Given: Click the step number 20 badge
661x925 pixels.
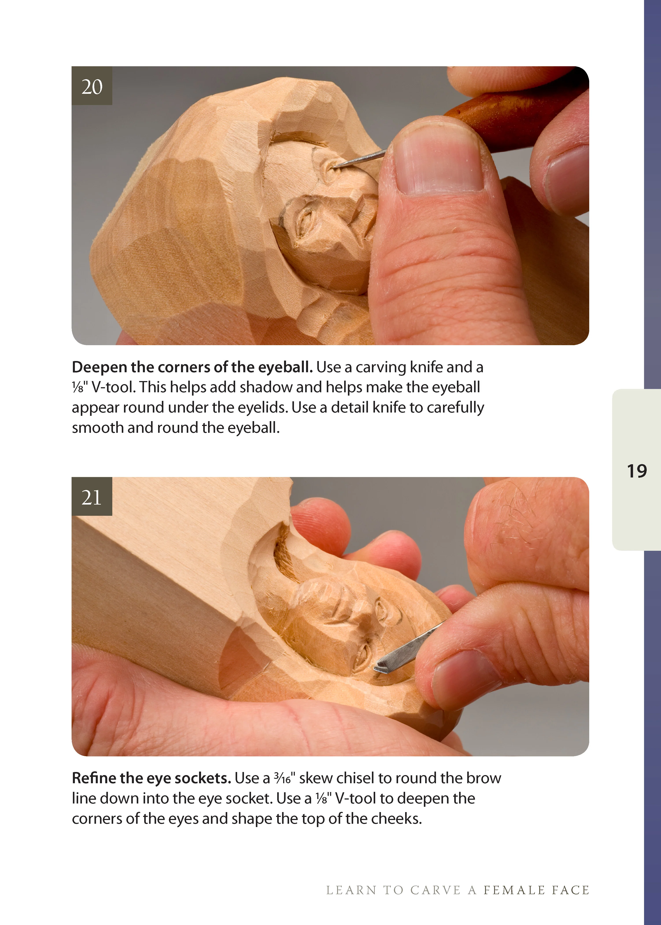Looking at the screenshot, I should (92, 86).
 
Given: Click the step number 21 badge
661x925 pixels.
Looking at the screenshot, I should (92, 497).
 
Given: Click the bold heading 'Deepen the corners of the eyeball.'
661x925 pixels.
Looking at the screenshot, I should (192, 367).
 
